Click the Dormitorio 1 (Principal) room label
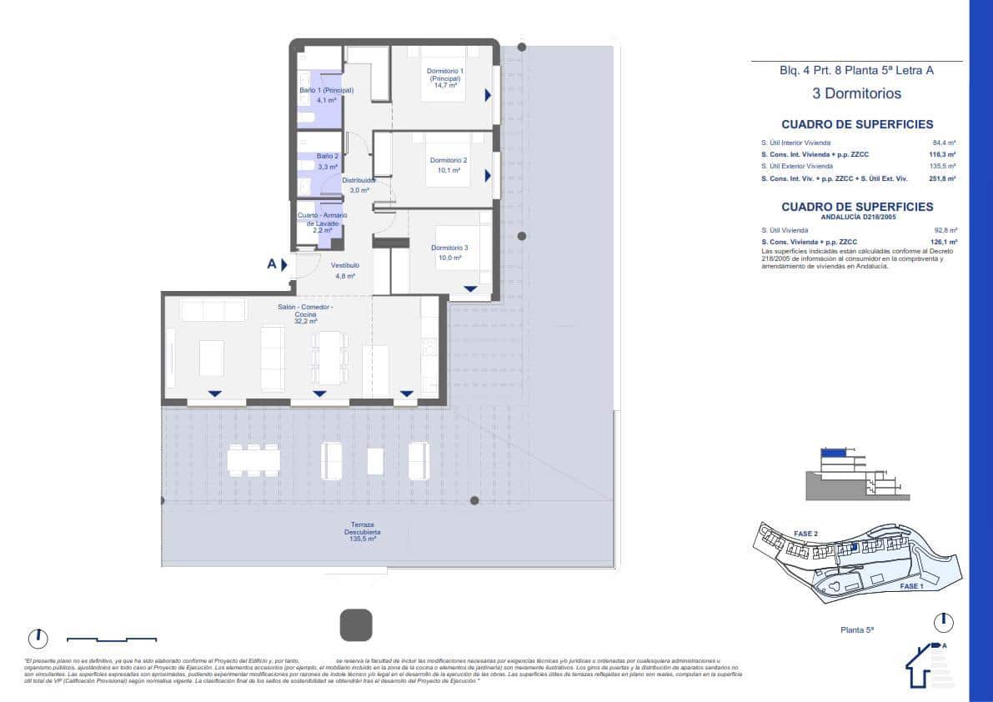445,75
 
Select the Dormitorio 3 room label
449,248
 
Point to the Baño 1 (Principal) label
326,90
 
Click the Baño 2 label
328,156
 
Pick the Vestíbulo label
345,265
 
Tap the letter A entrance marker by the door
272,264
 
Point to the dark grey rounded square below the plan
356,624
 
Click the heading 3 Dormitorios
856,93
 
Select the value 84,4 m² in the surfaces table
944,143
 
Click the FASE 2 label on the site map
805,534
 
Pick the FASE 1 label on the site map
911,586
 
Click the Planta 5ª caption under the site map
856,630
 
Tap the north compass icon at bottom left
38,639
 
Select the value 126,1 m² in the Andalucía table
943,242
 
